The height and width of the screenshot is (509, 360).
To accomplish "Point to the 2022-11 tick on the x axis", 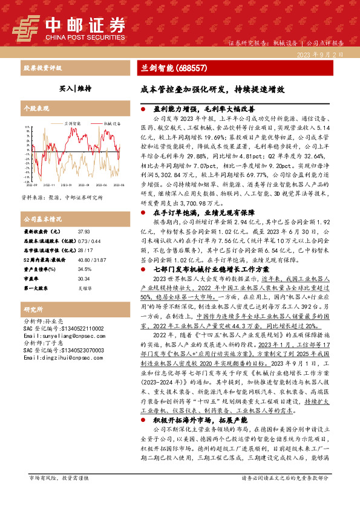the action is (49, 184).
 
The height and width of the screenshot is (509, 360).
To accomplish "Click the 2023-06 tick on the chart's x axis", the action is (102, 184).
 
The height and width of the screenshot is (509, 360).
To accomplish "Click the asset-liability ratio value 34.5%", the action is (84, 269).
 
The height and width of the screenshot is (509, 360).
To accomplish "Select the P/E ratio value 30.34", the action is (83, 279).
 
